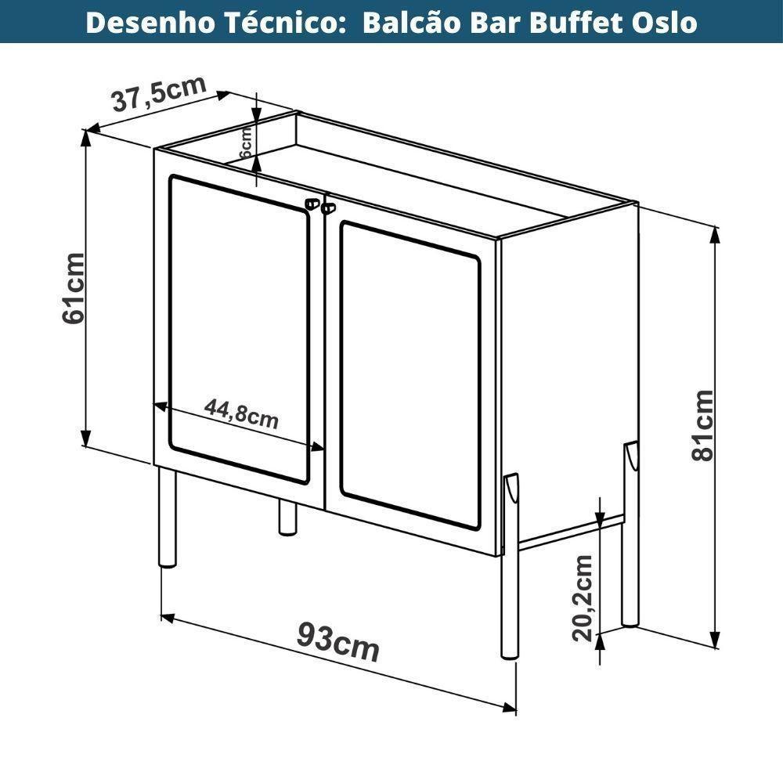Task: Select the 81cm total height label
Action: click(702, 425)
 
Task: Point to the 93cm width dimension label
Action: click(337, 643)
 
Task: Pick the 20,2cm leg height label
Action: click(582, 597)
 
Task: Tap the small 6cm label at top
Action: click(244, 142)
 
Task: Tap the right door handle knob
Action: click(327, 208)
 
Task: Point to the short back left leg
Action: click(287, 518)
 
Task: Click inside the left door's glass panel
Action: click(238, 329)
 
